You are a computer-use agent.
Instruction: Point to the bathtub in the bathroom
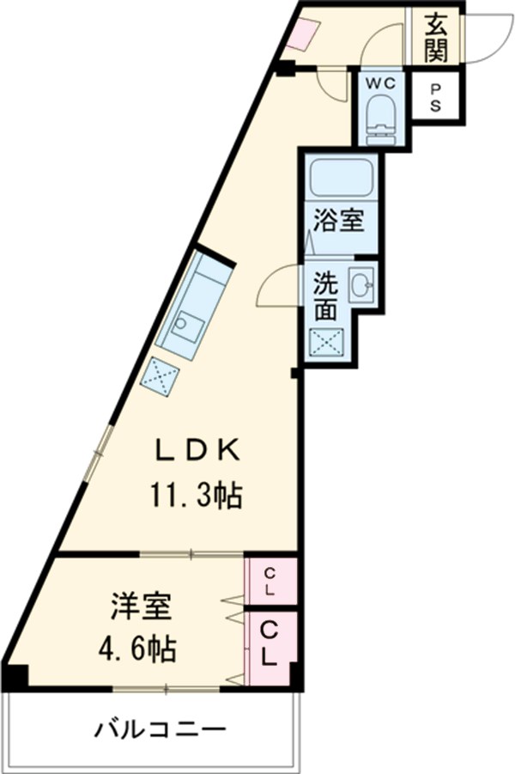(x=340, y=178)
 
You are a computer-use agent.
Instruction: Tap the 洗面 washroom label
(x=325, y=296)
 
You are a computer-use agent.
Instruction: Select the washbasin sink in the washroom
(x=360, y=284)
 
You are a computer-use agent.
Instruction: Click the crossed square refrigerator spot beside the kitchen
(x=161, y=376)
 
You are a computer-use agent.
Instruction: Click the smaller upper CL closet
(x=270, y=582)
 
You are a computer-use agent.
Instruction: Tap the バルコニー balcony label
(x=161, y=731)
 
